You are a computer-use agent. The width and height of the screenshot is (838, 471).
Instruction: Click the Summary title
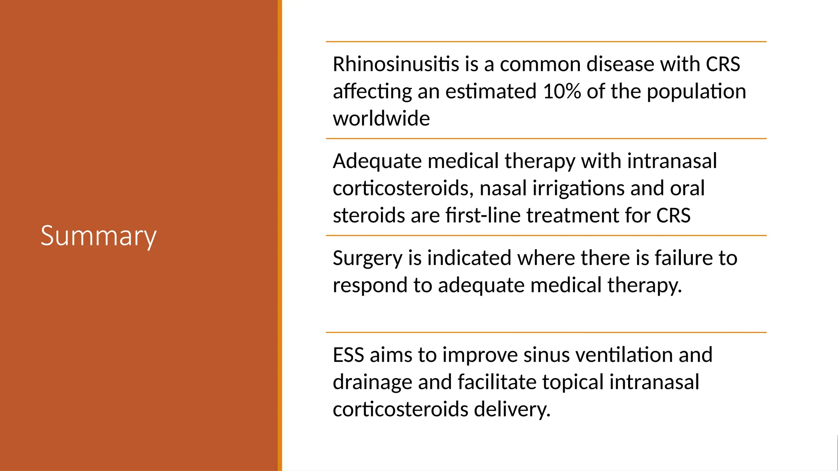coord(99,236)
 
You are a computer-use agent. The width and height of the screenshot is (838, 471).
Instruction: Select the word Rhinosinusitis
coord(396,64)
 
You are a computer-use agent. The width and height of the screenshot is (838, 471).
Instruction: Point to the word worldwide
coord(381,119)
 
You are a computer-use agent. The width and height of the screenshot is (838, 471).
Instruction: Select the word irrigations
coord(579,188)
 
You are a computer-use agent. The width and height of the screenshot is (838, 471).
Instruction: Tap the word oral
coord(687,188)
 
